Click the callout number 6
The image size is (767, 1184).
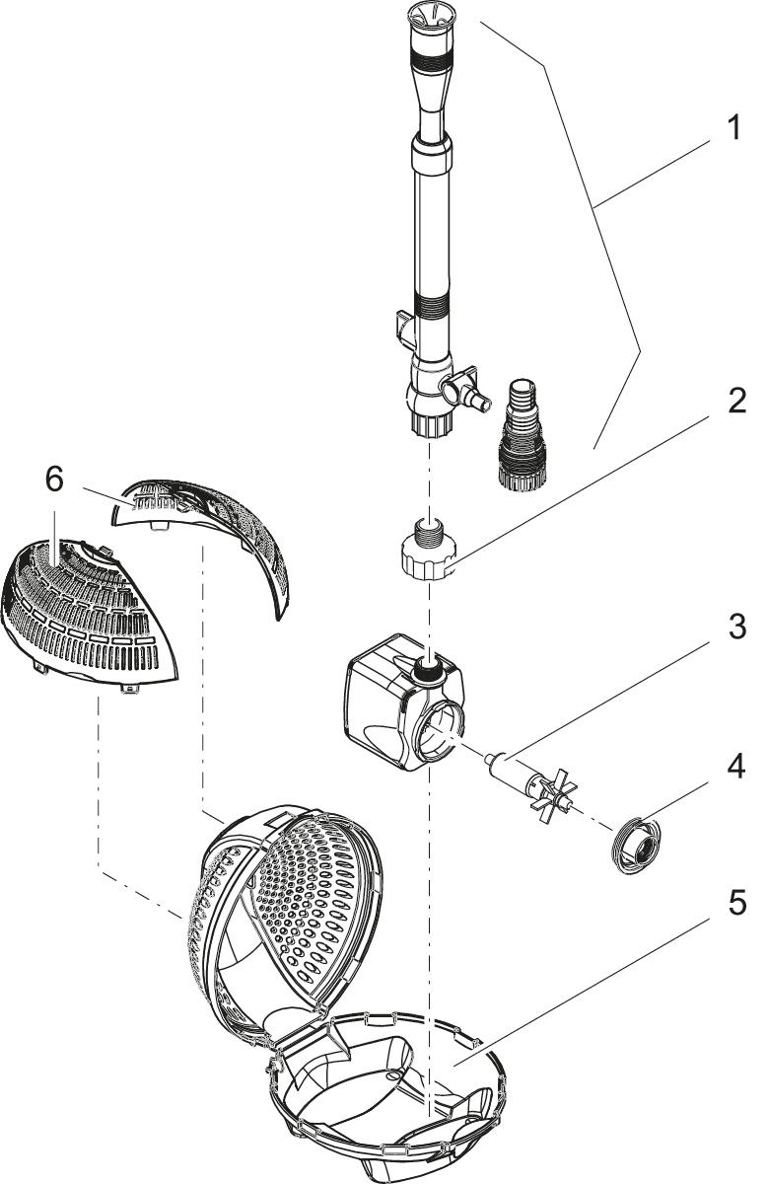point(54,480)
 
